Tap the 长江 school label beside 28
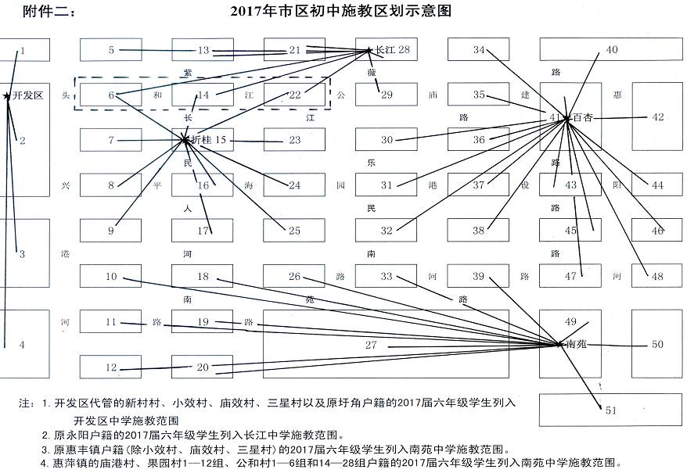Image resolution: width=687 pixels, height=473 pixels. coord(386,50)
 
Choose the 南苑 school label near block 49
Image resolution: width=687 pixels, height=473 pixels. coord(576,344)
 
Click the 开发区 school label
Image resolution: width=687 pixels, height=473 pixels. coord(27,95)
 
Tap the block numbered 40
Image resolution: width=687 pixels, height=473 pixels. coord(611,50)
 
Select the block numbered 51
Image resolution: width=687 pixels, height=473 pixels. coord(611,410)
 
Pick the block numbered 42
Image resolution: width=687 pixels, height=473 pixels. coord(657,116)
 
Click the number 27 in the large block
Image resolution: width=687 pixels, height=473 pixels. coord(371,345)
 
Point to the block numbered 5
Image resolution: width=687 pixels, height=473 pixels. coord(111,50)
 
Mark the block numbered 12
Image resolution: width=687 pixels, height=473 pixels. coord(111,367)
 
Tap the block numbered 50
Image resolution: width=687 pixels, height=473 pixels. coord(657,344)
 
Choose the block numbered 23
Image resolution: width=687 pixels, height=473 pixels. coord(294,140)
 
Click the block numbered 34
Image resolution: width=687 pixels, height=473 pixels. coord(479,50)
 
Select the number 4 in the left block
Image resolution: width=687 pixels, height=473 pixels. coord(22,344)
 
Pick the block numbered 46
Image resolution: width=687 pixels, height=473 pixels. coord(657,231)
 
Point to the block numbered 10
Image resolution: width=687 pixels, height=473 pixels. coord(111,276)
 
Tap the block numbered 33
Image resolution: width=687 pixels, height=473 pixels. coord(387,276)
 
